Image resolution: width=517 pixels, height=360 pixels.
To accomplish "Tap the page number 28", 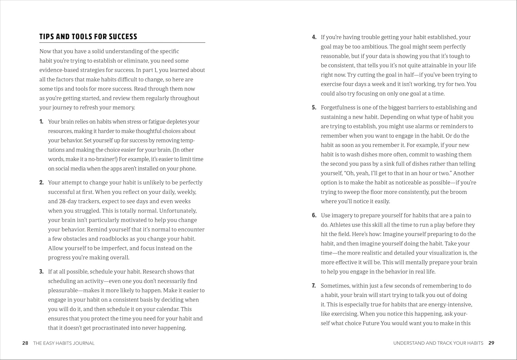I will (25, 343).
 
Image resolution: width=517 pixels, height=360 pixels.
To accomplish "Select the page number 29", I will (491, 343).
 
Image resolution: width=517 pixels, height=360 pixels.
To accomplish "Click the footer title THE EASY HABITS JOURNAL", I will (64, 343).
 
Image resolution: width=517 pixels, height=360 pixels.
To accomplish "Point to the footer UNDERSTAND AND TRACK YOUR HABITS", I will (438, 343).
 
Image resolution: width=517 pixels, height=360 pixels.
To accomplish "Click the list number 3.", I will (41, 272).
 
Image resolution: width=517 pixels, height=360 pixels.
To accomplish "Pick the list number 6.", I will (314, 216).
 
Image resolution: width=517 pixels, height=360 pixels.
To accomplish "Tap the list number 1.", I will (41, 122).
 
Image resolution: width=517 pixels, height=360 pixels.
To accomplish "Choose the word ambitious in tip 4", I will (374, 47).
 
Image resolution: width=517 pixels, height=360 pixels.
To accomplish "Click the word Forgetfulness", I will (340, 108).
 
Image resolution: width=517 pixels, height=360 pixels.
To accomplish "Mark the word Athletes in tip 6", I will (341, 225).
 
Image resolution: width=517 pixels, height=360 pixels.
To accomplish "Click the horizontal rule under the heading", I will (122, 43).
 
